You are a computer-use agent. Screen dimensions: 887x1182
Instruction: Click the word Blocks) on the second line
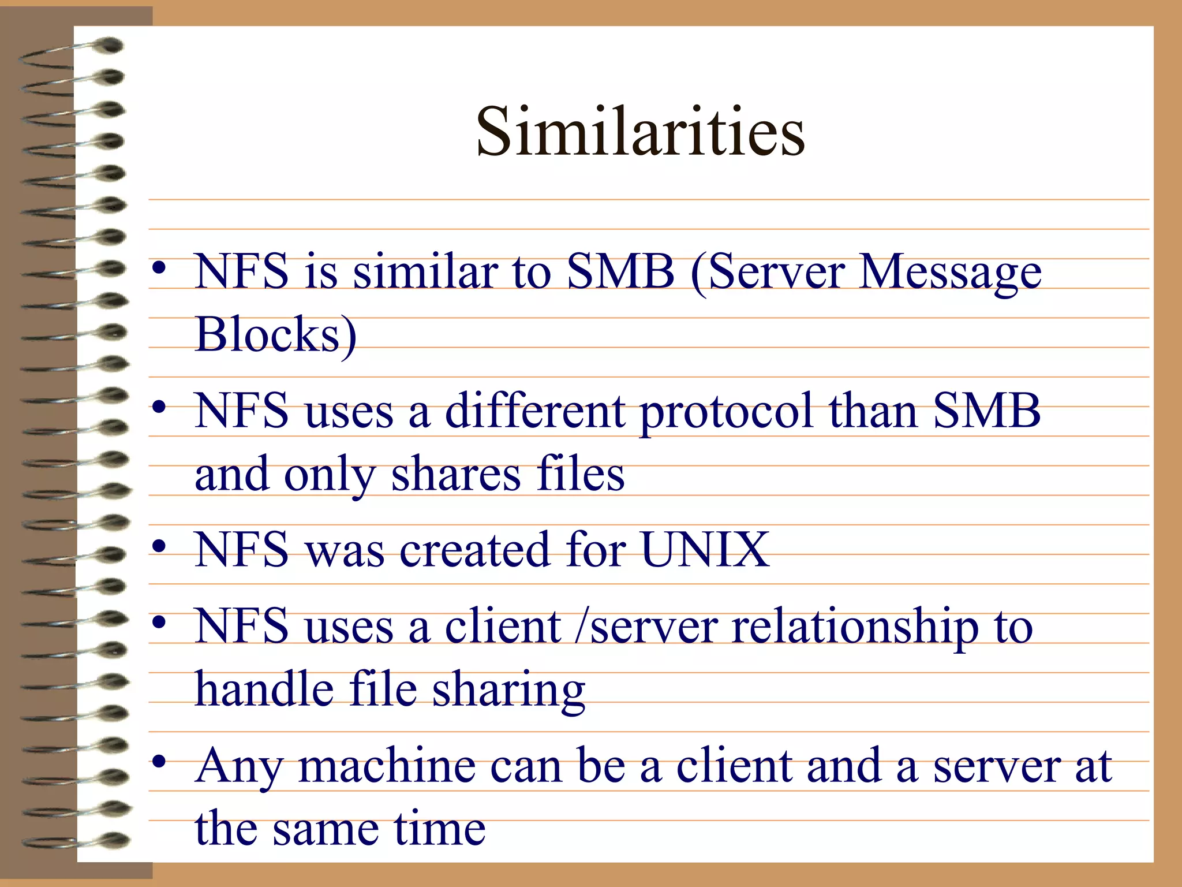pos(276,335)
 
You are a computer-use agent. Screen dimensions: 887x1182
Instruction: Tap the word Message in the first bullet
pos(950,273)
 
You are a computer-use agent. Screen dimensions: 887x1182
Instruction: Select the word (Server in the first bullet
pos(768,273)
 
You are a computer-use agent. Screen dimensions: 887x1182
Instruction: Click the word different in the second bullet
pos(534,411)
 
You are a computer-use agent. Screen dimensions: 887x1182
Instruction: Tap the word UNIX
pos(704,550)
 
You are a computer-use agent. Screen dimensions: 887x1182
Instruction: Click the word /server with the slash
pos(647,628)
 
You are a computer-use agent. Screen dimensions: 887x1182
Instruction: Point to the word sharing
pos(508,691)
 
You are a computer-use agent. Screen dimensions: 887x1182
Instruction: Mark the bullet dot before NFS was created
pos(160,546)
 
